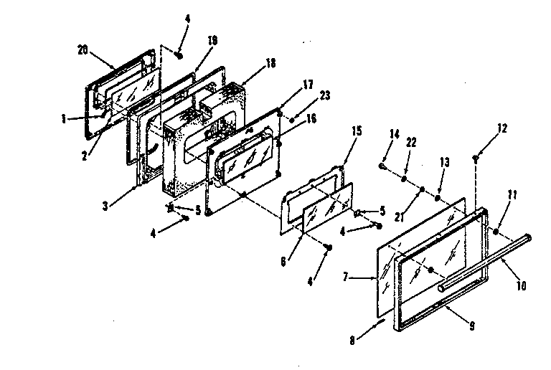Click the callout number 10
tap(520, 285)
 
